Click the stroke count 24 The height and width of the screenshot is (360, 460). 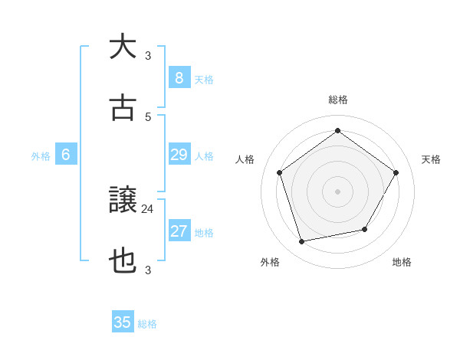coord(148,208)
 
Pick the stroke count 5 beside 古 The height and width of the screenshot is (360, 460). coord(148,116)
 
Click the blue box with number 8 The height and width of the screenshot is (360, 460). coord(179,77)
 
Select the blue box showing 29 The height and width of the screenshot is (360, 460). coord(179,155)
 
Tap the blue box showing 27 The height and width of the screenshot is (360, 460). coord(179,231)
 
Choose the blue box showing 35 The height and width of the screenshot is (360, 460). coord(123,322)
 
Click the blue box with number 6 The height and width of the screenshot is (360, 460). coord(66,155)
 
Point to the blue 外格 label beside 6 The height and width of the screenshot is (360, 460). coord(41,156)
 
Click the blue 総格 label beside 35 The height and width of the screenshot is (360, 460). coord(147,324)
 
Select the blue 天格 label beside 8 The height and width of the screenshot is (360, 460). coord(204,79)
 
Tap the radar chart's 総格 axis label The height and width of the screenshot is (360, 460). coord(337,100)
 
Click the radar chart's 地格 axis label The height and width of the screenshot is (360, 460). coord(402,262)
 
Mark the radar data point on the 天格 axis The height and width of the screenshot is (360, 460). coord(396,172)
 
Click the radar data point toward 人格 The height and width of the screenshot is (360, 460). coord(280,172)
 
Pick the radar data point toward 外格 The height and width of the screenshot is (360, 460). coord(302,242)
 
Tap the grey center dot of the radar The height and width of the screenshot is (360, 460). coord(337,191)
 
